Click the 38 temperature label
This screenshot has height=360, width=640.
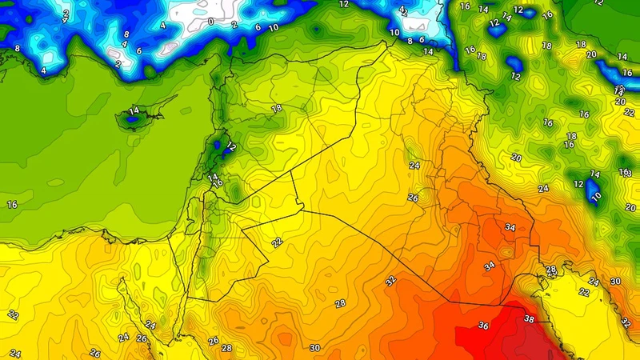click(529, 318)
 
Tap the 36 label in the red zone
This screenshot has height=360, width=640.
click(482, 326)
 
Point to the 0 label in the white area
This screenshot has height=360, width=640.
click(210, 22)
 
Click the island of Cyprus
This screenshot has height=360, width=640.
click(134, 118)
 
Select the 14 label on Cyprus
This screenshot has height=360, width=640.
click(134, 110)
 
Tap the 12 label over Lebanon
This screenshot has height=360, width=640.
click(230, 147)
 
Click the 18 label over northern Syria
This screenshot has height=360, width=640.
click(277, 108)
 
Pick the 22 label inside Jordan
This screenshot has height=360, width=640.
click(277, 242)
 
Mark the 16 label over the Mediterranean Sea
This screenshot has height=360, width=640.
click(12, 205)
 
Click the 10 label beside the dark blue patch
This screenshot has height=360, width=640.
click(595, 196)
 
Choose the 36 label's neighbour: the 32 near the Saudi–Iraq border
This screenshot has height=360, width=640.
click(390, 281)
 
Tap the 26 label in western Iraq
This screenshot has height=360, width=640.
click(413, 198)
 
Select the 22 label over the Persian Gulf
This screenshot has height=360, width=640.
click(583, 292)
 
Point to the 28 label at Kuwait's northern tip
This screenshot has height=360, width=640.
click(550, 270)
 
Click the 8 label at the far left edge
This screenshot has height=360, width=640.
click(17, 48)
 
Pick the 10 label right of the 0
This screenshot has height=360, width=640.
click(274, 27)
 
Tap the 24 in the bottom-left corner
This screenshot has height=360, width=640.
click(14, 353)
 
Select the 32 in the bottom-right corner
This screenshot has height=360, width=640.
click(625, 323)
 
